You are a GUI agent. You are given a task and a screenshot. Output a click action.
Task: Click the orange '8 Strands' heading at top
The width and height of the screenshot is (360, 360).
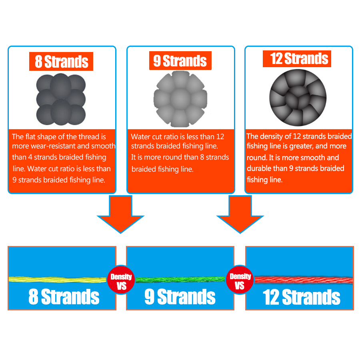[x=61, y=61]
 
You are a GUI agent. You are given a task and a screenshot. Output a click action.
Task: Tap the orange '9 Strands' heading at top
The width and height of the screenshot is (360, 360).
[x=180, y=61]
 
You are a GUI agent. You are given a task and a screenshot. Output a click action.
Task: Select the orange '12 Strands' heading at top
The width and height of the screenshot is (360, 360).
[x=297, y=59]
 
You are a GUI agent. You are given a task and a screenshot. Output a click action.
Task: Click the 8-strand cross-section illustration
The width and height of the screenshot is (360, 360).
[x=61, y=99]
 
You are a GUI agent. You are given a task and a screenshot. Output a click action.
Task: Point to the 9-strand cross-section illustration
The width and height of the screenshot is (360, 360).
[x=180, y=99]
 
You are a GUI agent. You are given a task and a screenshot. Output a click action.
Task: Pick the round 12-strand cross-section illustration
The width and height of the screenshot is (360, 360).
[x=298, y=98]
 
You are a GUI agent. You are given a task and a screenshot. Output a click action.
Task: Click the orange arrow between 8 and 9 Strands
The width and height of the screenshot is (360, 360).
[x=120, y=214]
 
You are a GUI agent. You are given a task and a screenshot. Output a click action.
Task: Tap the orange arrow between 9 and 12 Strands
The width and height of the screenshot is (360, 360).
[x=240, y=214]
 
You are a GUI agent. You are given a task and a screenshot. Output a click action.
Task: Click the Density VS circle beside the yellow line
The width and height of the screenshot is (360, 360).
[x=121, y=280]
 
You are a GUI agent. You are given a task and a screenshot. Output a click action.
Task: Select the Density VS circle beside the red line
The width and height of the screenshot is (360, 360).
[x=240, y=280]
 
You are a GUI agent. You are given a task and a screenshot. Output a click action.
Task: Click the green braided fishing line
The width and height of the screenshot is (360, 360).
[x=180, y=280]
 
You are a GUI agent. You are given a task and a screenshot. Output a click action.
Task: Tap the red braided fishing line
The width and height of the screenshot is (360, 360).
[x=304, y=280]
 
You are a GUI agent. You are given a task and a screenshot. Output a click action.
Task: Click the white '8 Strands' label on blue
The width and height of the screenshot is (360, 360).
[x=64, y=297]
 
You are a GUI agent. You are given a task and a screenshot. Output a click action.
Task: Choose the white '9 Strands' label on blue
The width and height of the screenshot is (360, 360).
[x=180, y=297]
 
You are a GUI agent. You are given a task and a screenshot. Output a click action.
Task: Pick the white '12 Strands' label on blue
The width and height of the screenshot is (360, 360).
[x=301, y=297]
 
